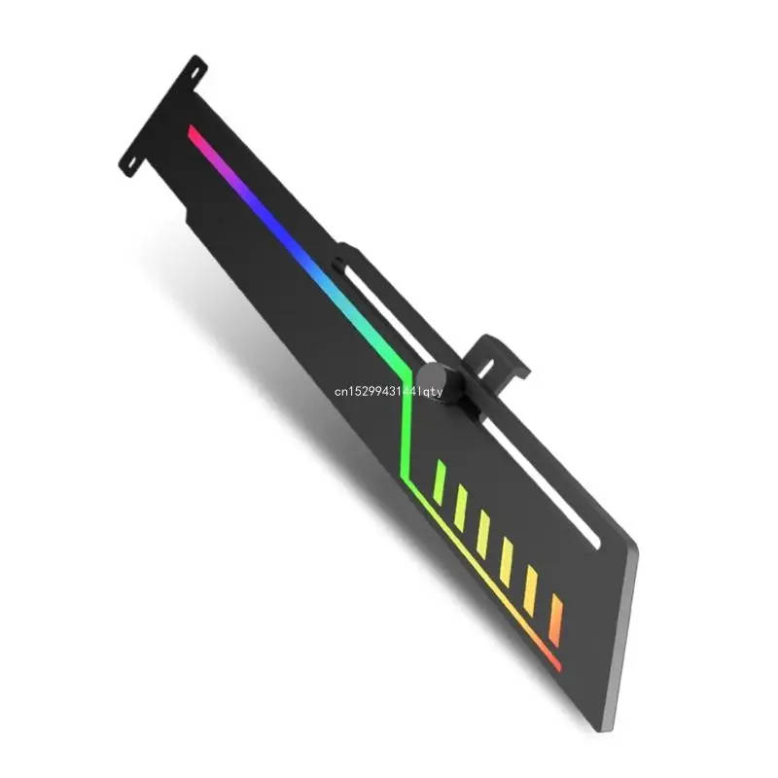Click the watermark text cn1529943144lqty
point(389,392)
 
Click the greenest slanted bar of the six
point(440,482)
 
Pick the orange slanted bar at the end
point(556,619)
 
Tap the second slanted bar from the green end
point(461,506)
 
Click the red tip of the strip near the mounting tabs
point(193,130)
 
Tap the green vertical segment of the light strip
point(407,437)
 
